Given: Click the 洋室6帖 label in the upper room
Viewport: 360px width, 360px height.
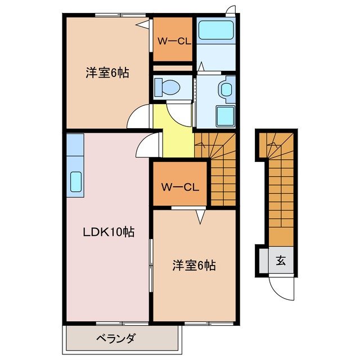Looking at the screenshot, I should click(x=107, y=73).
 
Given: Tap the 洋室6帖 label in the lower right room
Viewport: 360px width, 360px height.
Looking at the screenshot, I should click(x=193, y=264).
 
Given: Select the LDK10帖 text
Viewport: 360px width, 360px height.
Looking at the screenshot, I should click(x=109, y=231).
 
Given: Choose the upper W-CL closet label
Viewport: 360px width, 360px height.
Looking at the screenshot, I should click(x=172, y=40).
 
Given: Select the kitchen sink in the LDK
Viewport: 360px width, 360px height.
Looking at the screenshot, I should click(x=75, y=181).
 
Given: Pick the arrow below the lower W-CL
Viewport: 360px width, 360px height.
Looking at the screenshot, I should click(x=199, y=215).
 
